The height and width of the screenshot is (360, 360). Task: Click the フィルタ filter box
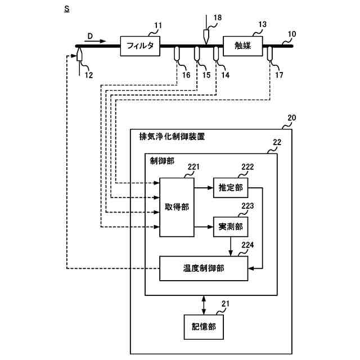point(141,45)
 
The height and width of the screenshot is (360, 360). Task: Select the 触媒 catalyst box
point(244,46)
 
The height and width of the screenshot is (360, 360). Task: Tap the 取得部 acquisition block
point(177,207)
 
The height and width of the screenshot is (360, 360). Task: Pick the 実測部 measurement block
point(230,226)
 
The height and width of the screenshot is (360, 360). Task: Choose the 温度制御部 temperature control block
point(204,268)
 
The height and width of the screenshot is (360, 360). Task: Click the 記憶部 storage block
point(203,326)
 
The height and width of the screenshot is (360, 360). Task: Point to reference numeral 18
point(217,18)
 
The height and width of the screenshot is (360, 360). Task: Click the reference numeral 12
point(88,74)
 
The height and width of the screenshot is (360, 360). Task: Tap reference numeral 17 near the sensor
point(280,74)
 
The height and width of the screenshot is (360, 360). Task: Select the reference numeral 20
point(291,118)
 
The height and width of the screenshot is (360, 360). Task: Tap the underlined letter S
point(67,10)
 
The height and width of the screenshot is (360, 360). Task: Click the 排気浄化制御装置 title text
point(172,136)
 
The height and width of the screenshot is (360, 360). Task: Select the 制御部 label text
point(162,161)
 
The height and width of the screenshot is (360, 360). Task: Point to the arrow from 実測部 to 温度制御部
point(231,246)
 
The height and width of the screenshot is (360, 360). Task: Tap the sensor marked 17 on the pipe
point(269,53)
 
